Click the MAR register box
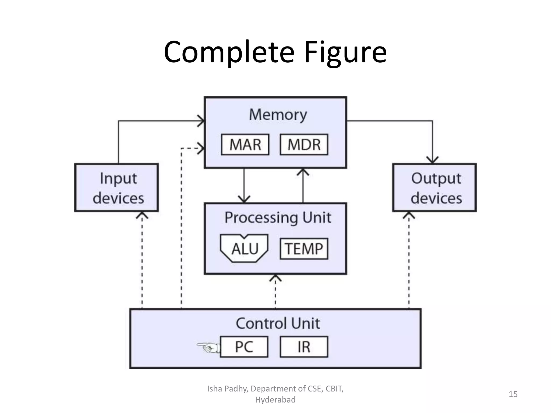pyautogui.click(x=245, y=145)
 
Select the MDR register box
pyautogui.click(x=304, y=145)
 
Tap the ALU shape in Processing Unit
pyautogui.click(x=244, y=248)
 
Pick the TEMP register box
pyautogui.click(x=304, y=249)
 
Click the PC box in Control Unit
pyautogui.click(x=244, y=347)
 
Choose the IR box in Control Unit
pyautogui.click(x=304, y=347)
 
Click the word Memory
pyautogui.click(x=278, y=115)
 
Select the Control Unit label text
pyautogui.click(x=278, y=323)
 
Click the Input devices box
pyautogui.click(x=116, y=188)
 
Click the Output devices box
pyautogui.click(x=434, y=188)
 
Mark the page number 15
pyautogui.click(x=513, y=394)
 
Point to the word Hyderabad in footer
pyautogui.click(x=275, y=400)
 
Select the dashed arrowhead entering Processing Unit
pyautogui.click(x=275, y=278)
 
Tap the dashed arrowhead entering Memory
pyautogui.click(x=201, y=148)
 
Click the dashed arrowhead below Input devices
pyautogui.click(x=142, y=215)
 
